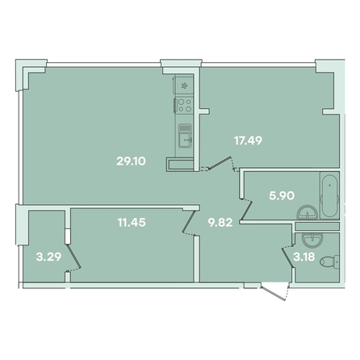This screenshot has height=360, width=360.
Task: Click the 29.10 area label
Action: [x=131, y=161]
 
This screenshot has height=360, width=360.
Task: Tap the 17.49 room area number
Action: [x=248, y=140]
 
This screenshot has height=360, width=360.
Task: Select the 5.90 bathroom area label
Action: [x=282, y=195]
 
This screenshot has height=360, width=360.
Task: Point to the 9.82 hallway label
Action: [x=220, y=223]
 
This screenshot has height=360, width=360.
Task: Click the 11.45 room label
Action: [x=132, y=223]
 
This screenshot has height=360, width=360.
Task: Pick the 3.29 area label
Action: [x=48, y=257]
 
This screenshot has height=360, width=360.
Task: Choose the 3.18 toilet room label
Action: [x=304, y=257]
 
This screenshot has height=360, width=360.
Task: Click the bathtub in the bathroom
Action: [x=329, y=195]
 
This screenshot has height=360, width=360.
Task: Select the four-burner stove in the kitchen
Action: [x=185, y=105]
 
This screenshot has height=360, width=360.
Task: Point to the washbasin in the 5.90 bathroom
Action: [x=308, y=211]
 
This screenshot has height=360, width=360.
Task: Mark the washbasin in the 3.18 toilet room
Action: [x=311, y=239]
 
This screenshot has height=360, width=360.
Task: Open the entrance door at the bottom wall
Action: [x=274, y=291]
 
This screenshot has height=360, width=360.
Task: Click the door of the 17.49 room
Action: [x=220, y=163]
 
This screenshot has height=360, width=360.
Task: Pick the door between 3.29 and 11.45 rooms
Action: [x=73, y=257]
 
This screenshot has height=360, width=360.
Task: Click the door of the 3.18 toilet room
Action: [x=287, y=257]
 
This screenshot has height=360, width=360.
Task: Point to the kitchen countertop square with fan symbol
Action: [x=184, y=86]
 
